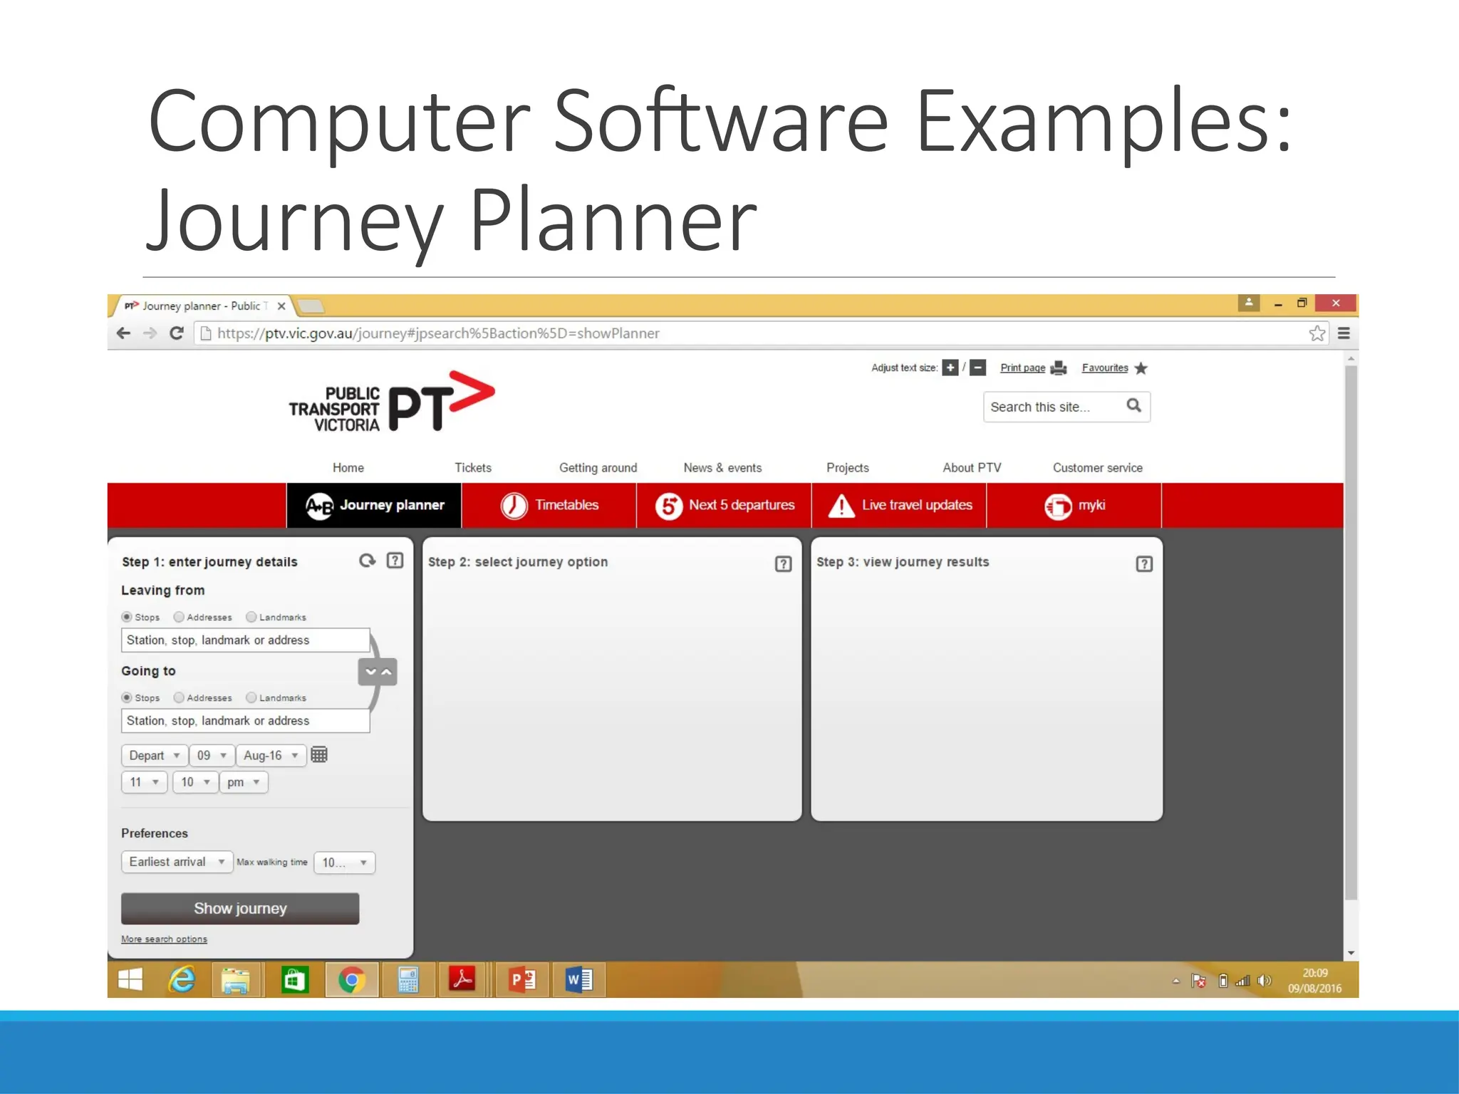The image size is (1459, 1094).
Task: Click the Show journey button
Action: tap(240, 909)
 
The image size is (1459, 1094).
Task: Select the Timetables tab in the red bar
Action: tap(549, 506)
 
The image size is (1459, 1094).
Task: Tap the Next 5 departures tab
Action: tap(725, 506)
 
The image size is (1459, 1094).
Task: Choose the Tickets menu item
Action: tap(473, 468)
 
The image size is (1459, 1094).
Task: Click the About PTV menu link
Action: tap(972, 468)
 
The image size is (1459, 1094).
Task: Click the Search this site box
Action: tap(1052, 407)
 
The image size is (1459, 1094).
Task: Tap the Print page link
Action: tap(1022, 368)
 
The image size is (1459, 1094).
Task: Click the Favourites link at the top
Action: tap(1105, 368)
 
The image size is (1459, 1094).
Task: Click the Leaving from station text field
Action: tap(245, 640)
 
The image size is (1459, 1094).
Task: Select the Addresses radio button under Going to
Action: tap(180, 698)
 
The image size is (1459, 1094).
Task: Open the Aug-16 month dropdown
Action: tap(271, 756)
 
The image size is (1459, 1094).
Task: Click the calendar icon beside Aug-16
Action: tap(319, 755)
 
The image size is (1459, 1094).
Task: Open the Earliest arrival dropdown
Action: tap(177, 863)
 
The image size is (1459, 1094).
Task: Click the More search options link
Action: tap(164, 939)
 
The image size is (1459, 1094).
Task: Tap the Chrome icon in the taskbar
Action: tap(351, 981)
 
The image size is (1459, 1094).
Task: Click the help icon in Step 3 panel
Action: tap(1144, 564)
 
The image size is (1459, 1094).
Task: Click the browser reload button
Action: tap(177, 333)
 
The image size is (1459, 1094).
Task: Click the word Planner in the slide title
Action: tap(613, 221)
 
